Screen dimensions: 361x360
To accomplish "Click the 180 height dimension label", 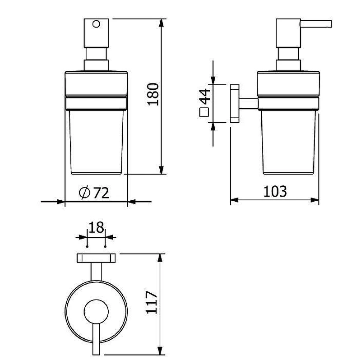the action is (x=153, y=94).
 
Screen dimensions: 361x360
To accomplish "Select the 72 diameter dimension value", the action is (x=101, y=193).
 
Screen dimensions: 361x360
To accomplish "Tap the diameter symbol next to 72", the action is (x=84, y=193).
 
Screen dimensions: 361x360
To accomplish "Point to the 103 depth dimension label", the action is (x=275, y=192).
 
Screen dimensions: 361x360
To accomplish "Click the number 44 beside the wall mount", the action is (x=205, y=97).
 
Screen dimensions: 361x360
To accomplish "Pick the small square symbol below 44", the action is (x=204, y=112).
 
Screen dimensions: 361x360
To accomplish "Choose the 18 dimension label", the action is (x=96, y=228).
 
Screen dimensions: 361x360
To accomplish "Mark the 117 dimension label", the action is (x=152, y=302).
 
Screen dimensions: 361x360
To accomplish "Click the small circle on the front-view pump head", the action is (x=96, y=24).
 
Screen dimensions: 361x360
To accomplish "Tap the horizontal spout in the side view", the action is (x=316, y=24).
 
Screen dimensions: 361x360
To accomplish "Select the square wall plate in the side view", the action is (x=235, y=103).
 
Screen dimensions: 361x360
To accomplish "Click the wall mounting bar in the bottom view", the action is (x=96, y=258).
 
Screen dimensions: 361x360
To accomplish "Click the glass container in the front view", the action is (x=96, y=142).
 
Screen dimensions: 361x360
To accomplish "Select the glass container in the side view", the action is (x=288, y=142).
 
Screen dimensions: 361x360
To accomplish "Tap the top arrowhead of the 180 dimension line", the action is (x=162, y=23).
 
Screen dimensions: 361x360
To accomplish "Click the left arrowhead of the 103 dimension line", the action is (x=234, y=200).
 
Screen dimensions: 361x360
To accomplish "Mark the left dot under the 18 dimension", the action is (x=87, y=246).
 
